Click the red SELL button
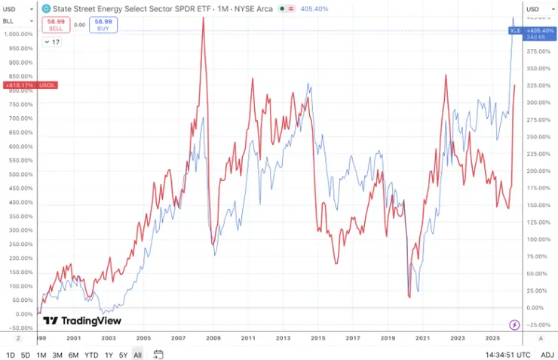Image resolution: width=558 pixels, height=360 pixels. pyautogui.click(x=56, y=25)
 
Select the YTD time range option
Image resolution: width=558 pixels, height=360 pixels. pyautogui.click(x=91, y=354)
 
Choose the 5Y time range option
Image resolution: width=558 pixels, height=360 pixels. pyautogui.click(x=123, y=354)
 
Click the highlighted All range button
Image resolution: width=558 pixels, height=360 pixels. pyautogui.click(x=137, y=354)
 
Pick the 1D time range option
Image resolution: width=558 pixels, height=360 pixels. pyautogui.click(x=10, y=354)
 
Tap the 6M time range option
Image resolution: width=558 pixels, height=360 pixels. pyautogui.click(x=73, y=354)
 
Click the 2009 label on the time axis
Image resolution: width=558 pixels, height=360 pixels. pyautogui.click(x=213, y=339)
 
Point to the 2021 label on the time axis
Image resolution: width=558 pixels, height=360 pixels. pyautogui.click(x=422, y=339)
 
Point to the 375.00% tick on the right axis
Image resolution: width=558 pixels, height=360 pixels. pyautogui.click(x=535, y=51)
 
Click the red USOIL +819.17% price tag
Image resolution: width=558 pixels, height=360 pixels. pyautogui.click(x=30, y=85)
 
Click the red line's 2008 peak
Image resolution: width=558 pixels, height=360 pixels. pyautogui.click(x=203, y=18)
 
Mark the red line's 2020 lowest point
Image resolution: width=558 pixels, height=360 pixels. pyautogui.click(x=409, y=297)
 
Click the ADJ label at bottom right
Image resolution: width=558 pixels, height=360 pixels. pyautogui.click(x=547, y=354)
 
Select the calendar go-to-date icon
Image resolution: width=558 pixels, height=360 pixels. pyautogui.click(x=158, y=354)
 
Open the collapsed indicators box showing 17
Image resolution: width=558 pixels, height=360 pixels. pyautogui.click(x=52, y=42)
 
